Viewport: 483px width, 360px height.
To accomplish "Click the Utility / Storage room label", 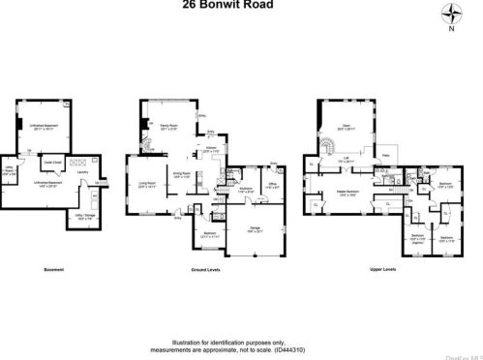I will click(85, 217).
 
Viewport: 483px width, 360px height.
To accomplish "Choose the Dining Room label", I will click(182, 174).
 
